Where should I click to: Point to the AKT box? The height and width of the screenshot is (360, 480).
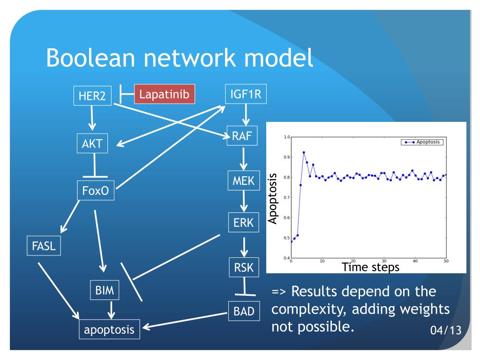tap(93, 143)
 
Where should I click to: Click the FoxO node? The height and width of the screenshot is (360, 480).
tap(96, 191)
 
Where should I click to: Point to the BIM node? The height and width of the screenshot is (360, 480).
tap(105, 290)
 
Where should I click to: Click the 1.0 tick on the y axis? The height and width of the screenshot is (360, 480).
tap(285, 137)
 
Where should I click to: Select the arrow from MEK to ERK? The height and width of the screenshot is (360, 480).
tap(244, 202)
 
